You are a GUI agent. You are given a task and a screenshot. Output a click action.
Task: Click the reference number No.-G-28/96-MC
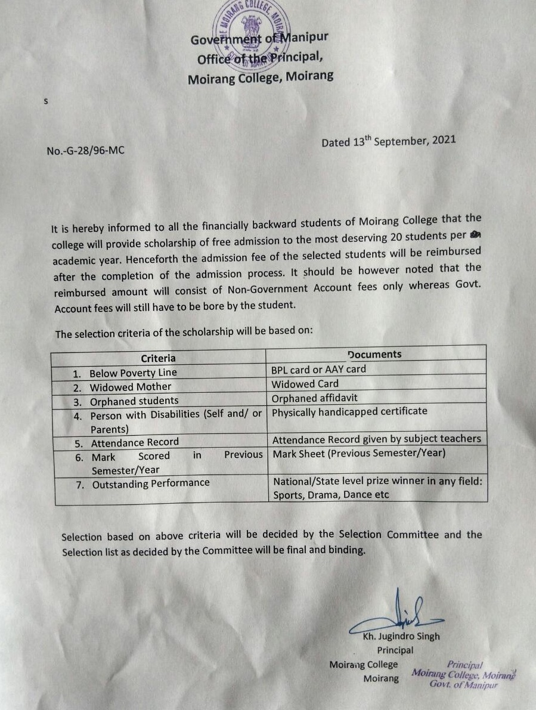tap(85, 150)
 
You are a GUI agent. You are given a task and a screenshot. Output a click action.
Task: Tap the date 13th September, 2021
tap(388, 141)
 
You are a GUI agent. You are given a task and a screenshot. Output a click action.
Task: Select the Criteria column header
tap(158, 358)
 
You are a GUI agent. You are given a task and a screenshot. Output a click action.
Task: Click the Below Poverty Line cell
tap(133, 373)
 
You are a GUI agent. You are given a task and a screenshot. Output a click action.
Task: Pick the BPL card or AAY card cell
tap(319, 369)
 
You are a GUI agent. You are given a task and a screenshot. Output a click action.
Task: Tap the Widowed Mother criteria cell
tap(130, 387)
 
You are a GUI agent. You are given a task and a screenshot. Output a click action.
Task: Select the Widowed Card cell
tap(305, 384)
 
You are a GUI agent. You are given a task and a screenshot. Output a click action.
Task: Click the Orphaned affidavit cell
tap(315, 398)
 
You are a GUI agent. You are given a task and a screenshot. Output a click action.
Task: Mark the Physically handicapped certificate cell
tap(350, 411)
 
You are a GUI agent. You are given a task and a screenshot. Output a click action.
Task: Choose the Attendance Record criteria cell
tap(135, 442)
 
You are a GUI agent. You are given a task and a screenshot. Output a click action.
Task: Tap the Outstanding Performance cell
tap(150, 483)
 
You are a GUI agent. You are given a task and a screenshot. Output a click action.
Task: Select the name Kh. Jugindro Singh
tap(401, 636)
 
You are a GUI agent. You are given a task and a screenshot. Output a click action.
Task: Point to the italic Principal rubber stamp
tap(464, 674)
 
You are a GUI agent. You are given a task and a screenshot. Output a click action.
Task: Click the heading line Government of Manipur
tap(259, 40)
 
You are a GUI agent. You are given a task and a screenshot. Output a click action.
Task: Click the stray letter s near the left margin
tap(45, 101)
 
